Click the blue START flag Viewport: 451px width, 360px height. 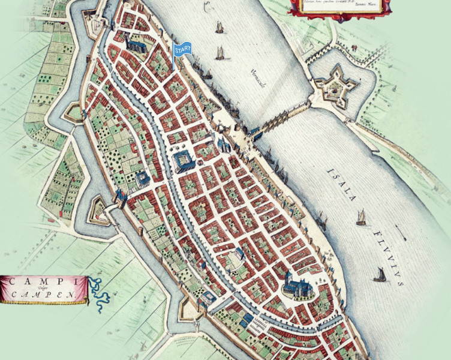pos(182,50)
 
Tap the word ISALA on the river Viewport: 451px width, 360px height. pos(342,184)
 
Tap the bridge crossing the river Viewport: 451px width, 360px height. pos(282,120)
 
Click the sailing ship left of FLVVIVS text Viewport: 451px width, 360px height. pos(380,275)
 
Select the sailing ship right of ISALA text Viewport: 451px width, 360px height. pos(361,217)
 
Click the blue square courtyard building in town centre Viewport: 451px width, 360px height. pos(184,161)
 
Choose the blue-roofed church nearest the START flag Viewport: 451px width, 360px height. pos(136,43)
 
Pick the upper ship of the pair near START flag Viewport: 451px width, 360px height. pos(220,28)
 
